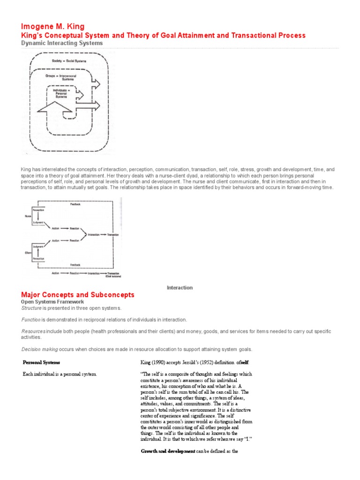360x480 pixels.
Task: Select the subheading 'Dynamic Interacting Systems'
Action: click(x=62, y=43)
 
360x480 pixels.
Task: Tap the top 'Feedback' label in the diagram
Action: click(x=75, y=205)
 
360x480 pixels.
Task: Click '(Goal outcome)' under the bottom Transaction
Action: click(x=113, y=277)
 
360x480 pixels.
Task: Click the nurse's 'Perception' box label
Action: click(x=38, y=210)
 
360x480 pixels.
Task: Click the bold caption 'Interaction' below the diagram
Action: click(x=180, y=287)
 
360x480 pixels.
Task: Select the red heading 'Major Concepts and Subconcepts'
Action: click(x=78, y=295)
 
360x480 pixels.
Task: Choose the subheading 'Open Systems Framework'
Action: click(x=52, y=302)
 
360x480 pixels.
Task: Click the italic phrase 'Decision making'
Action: click(x=40, y=349)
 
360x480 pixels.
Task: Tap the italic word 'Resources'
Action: click(x=34, y=331)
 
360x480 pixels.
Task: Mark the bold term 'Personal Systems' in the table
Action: click(x=42, y=362)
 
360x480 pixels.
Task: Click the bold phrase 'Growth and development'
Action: click(x=168, y=451)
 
